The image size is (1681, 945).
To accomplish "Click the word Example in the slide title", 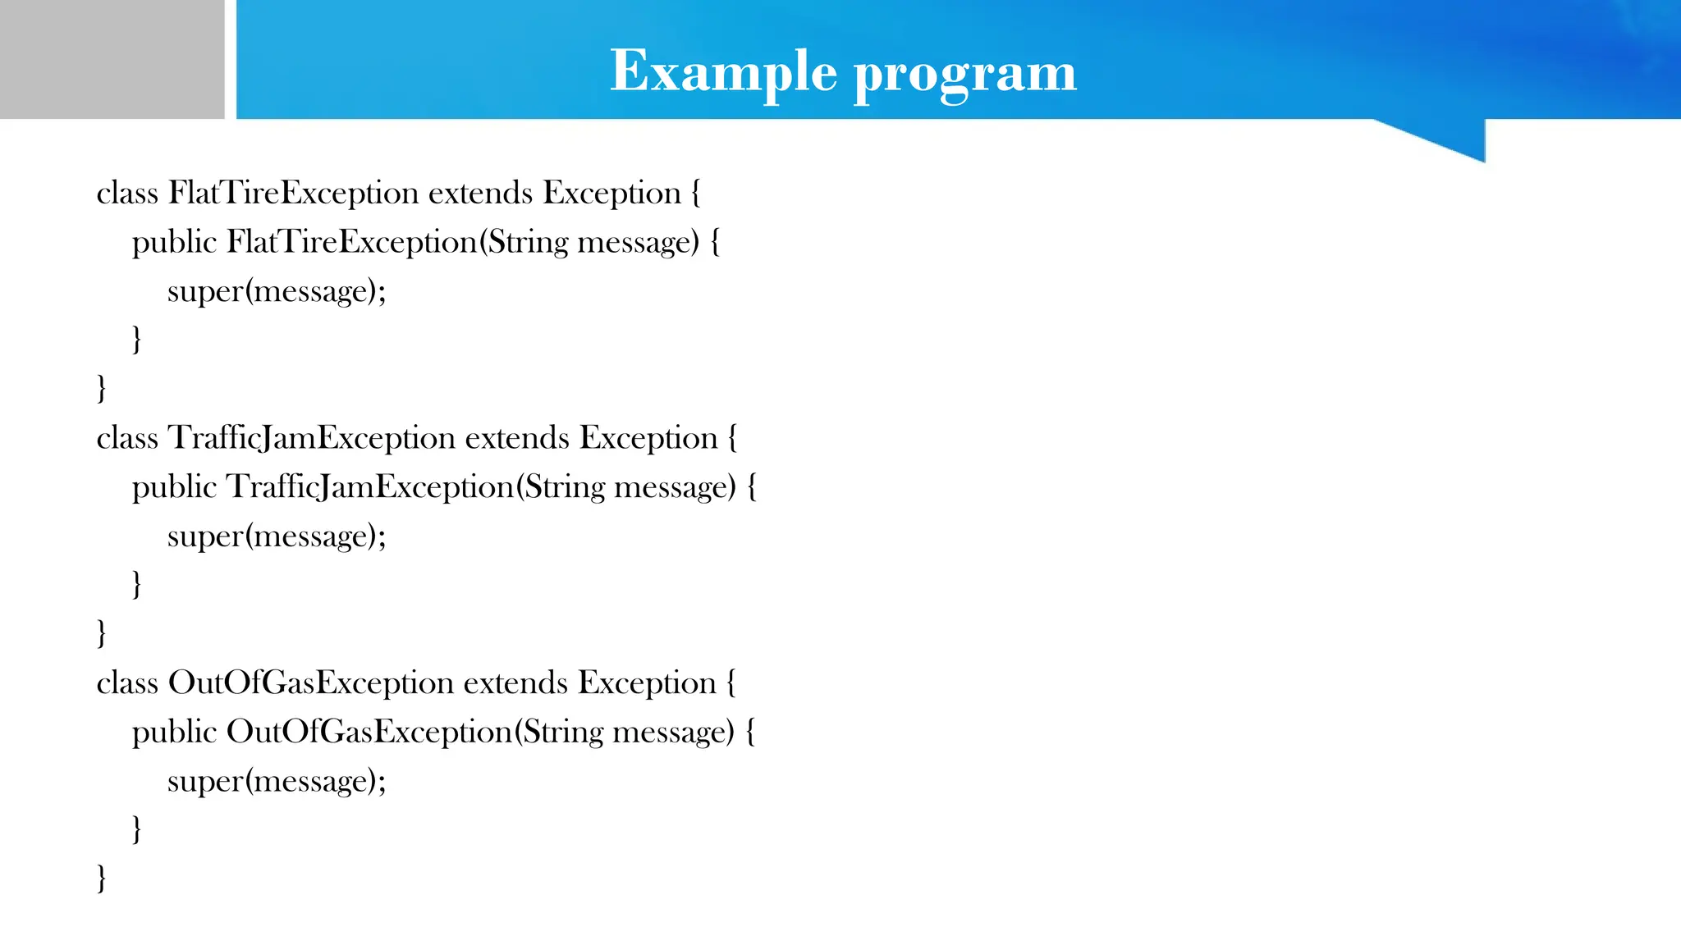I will coord(723,71).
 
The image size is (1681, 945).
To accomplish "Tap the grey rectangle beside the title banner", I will coord(112,59).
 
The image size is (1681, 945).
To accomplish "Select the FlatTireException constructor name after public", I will coord(351,243).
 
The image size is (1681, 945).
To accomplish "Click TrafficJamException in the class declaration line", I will coord(311,439).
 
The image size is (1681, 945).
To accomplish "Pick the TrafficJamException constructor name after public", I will coord(369,487).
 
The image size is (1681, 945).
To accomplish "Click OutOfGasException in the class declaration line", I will coord(310,683).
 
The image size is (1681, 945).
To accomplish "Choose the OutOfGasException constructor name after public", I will coord(369,732).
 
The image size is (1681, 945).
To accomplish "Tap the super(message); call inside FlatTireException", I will coord(277,292).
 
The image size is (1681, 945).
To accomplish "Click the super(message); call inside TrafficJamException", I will coord(277,536).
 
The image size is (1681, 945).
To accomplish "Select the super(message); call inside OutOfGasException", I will coord(277,781).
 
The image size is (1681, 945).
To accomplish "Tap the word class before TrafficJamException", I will coord(127,439).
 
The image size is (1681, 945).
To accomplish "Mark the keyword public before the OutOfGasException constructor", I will coord(174,732).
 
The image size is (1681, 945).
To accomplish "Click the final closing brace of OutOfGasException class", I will coord(102,878).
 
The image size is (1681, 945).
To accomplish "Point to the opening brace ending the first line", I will coord(696,194).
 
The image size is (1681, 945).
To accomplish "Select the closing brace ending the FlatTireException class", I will coord(102,388).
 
